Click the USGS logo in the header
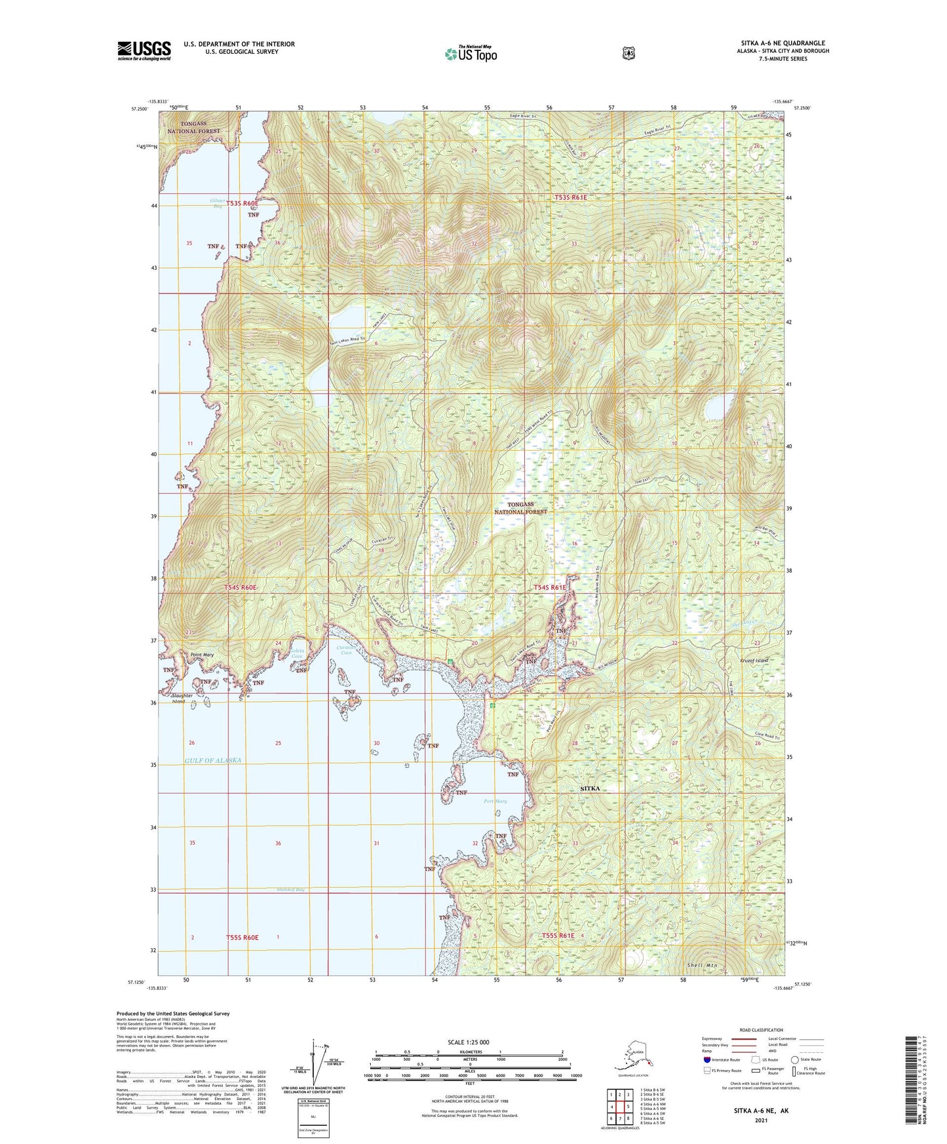click(x=144, y=50)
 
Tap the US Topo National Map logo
click(x=470, y=54)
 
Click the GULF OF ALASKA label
click(x=213, y=760)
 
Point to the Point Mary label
click(x=202, y=655)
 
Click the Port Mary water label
click(x=495, y=801)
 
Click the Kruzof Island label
click(x=754, y=660)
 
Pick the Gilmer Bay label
click(x=218, y=203)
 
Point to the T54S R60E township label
click(x=241, y=588)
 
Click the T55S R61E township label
click(x=558, y=936)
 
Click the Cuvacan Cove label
click(x=345, y=650)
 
